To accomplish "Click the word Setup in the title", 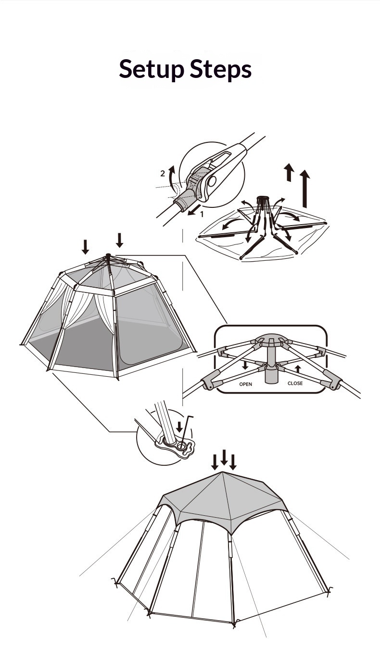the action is tap(152, 69).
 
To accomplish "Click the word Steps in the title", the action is tap(221, 69).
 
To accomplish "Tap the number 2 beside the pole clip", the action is tap(163, 174).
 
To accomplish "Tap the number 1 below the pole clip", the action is tap(202, 215).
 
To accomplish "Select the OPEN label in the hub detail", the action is tap(246, 384).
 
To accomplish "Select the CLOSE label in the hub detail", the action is tap(295, 383).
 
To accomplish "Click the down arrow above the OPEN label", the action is tap(245, 365).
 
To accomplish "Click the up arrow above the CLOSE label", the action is tap(298, 369).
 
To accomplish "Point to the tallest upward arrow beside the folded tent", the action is tap(304, 189).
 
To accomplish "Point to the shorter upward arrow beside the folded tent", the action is tap(289, 172).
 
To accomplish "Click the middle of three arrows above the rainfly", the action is tap(224, 458).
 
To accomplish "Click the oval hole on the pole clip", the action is tap(212, 181).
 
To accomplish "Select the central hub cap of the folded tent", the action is tap(263, 199).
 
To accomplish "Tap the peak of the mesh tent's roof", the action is tap(108, 255).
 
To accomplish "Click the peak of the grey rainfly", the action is tap(223, 472).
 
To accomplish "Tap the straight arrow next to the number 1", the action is tap(194, 210).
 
